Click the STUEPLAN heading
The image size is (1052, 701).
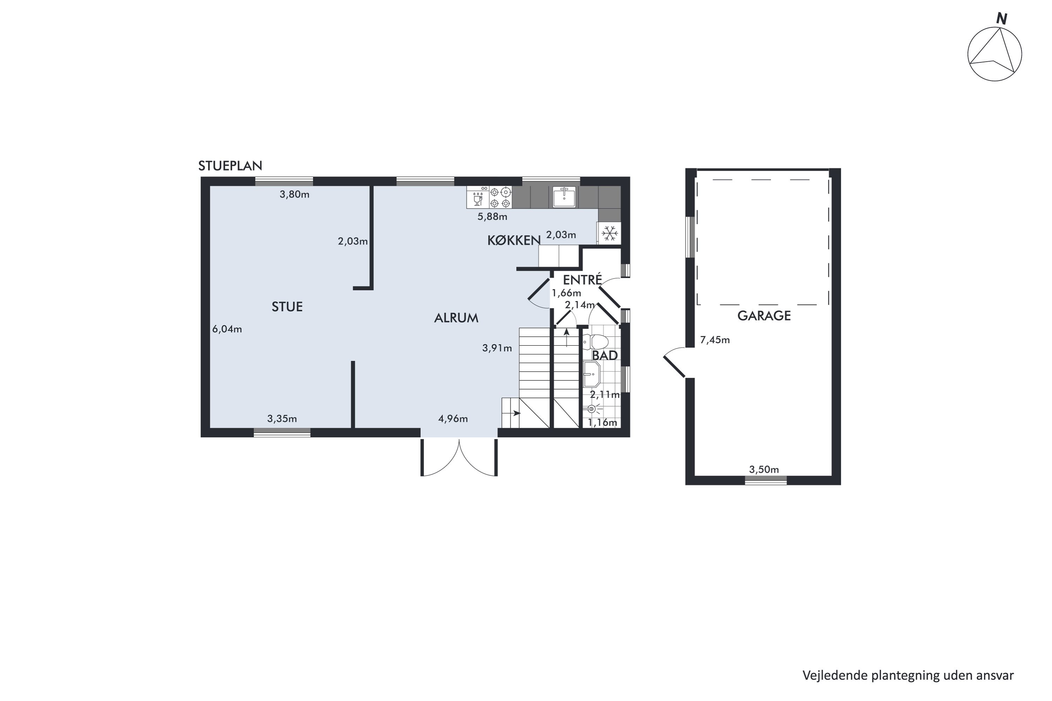230,166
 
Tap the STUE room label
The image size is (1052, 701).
287,307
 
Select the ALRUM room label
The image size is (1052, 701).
456,318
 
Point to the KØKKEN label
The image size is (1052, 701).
514,240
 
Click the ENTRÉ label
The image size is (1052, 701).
582,280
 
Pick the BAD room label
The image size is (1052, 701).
605,355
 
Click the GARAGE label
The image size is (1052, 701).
764,316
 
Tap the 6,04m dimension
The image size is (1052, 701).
227,329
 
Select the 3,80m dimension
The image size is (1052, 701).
294,195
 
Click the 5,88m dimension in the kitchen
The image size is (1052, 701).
492,217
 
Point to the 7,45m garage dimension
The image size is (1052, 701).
715,340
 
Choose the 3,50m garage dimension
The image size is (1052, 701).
764,469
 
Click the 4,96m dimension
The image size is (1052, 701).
453,418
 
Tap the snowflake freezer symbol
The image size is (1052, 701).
609,233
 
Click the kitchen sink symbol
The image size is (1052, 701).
564,197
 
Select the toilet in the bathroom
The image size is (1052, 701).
597,341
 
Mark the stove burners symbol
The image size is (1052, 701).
500,197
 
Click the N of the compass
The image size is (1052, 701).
1002,19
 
